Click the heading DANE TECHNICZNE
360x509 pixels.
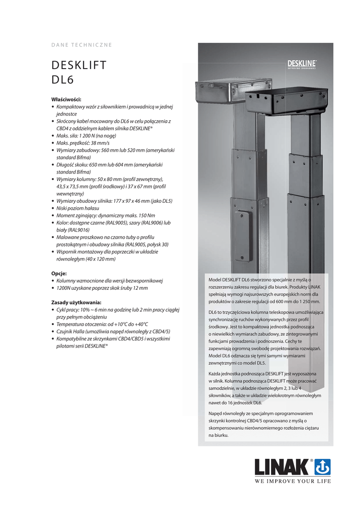(82, 45)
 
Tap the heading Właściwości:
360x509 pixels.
(66, 99)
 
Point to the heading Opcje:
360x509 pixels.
(60, 273)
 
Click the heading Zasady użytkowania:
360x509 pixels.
(77, 302)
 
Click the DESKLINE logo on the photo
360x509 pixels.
(302, 63)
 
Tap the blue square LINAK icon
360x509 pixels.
(322, 467)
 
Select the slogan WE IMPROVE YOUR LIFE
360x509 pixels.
(292, 481)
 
